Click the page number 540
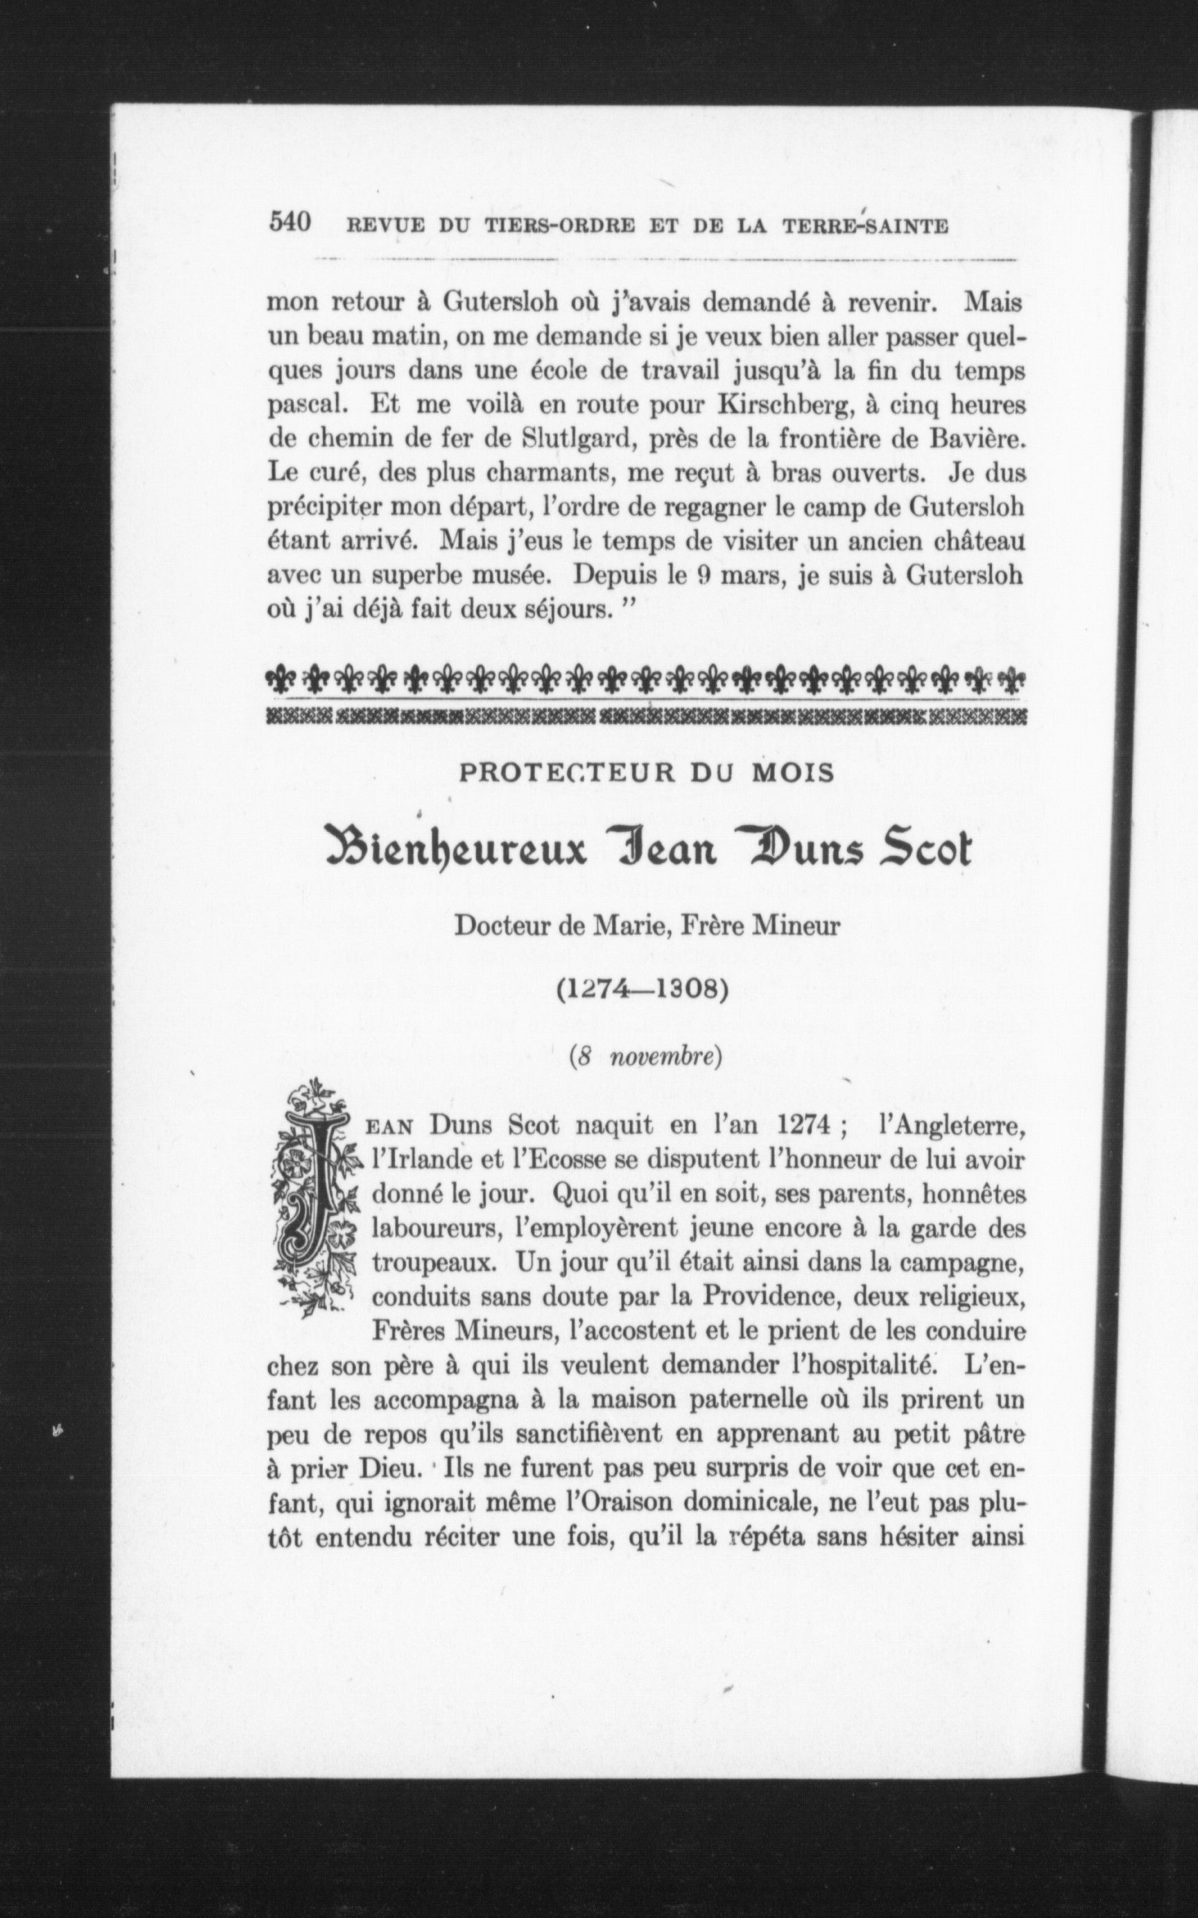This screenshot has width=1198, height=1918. pos(289,222)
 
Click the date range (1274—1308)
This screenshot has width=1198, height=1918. pos(642,991)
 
